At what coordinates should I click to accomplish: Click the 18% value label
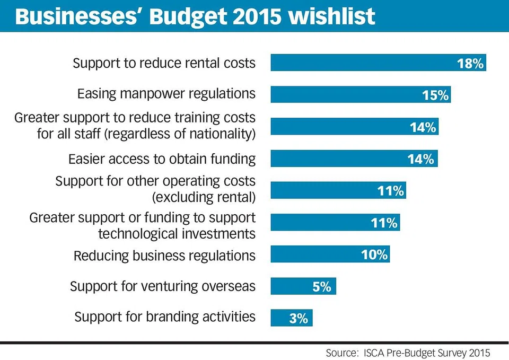pyautogui.click(x=470, y=64)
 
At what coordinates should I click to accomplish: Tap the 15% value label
pyautogui.click(x=436, y=95)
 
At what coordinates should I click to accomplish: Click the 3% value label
pyautogui.click(x=299, y=319)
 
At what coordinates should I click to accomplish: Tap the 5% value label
pyautogui.click(x=321, y=287)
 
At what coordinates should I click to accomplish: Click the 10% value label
pyautogui.click(x=374, y=255)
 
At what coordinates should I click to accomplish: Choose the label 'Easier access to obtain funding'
pyautogui.click(x=162, y=159)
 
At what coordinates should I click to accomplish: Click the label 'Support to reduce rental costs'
pyautogui.click(x=164, y=63)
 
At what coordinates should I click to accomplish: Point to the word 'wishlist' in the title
pyautogui.click(x=332, y=17)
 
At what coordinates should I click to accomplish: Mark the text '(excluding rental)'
pyautogui.click(x=204, y=198)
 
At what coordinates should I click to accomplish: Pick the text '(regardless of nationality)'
pyautogui.click(x=181, y=134)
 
